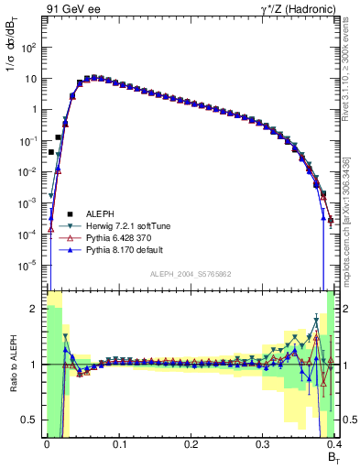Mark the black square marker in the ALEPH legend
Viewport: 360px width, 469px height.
coord(55,213)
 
